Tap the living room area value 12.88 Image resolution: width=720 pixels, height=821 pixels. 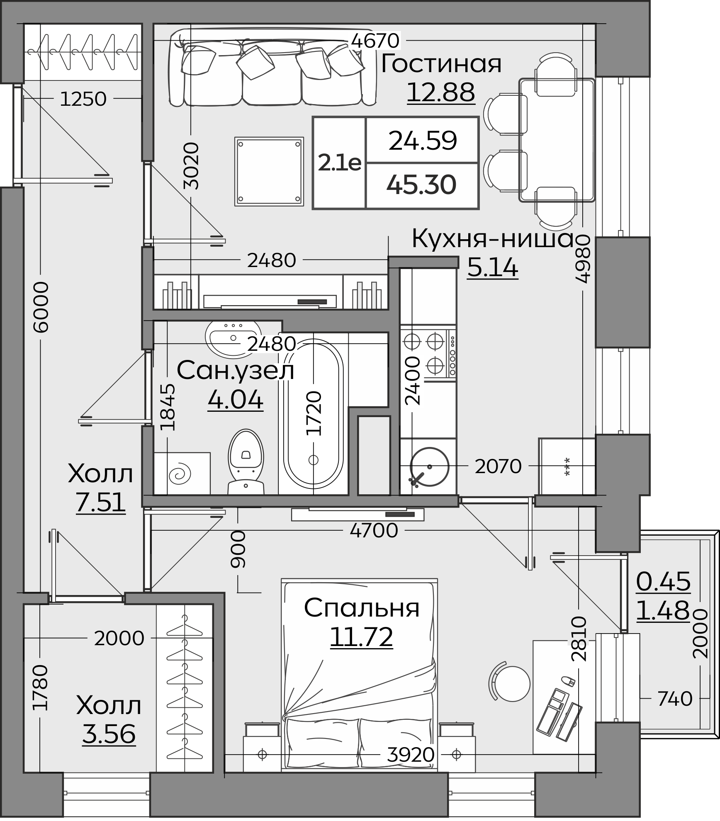(441, 92)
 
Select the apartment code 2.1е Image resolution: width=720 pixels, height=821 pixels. (340, 163)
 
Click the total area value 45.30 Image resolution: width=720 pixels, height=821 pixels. (421, 185)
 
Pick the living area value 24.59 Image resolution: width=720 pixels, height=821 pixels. (423, 141)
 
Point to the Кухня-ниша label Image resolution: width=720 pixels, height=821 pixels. (492, 239)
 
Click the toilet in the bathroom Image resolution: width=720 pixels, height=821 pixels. (246, 462)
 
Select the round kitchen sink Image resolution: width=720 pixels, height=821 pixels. (430, 466)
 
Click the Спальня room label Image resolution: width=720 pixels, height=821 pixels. (362, 608)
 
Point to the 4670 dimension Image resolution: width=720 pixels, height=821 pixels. (375, 41)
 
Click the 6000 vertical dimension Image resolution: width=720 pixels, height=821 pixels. (41, 307)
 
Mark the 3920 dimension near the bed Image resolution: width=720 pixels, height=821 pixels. (411, 755)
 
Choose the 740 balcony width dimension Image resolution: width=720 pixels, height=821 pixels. (675, 698)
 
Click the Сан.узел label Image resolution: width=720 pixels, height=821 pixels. (236, 370)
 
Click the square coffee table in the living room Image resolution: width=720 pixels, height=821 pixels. (269, 172)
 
